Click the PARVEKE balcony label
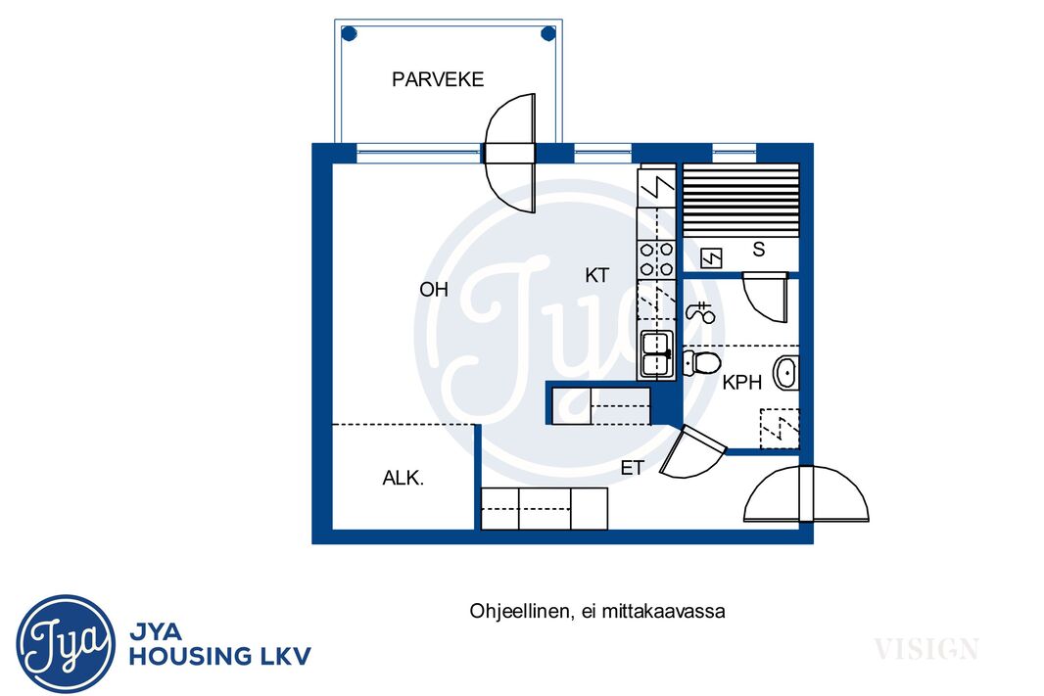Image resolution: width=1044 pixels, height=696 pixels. click(x=438, y=79)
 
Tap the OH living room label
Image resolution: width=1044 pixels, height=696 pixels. click(x=434, y=290)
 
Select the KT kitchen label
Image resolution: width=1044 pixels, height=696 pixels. click(x=596, y=275)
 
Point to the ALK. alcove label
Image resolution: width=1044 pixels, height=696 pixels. click(x=403, y=478)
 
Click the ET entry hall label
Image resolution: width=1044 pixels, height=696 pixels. click(x=632, y=468)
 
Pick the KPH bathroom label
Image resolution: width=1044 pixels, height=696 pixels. click(x=741, y=382)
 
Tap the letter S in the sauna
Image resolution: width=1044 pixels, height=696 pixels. click(x=758, y=250)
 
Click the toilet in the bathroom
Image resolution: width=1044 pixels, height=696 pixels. click(x=702, y=363)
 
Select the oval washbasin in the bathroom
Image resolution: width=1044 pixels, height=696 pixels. click(x=785, y=373)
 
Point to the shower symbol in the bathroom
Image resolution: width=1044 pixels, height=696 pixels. click(x=700, y=311)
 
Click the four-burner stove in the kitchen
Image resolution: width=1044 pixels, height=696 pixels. click(x=656, y=259)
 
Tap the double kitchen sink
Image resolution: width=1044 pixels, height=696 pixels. click(x=656, y=354)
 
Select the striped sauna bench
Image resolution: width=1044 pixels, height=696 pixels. click(x=741, y=199)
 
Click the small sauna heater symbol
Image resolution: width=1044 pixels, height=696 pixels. click(x=711, y=257)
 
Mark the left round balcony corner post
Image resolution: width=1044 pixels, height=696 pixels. click(x=349, y=33)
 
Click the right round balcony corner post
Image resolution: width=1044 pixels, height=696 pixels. click(x=548, y=33)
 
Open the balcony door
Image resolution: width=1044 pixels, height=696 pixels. click(x=510, y=153)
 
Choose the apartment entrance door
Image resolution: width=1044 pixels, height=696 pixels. click(x=806, y=493)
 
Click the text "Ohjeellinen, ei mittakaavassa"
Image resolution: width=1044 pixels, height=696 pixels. click(x=597, y=611)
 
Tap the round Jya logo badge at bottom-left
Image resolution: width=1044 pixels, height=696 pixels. click(x=66, y=643)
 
